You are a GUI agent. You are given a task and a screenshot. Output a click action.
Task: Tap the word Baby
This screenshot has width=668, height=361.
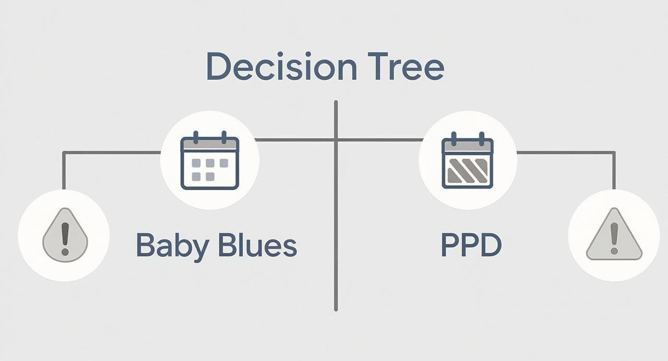[x=172, y=245]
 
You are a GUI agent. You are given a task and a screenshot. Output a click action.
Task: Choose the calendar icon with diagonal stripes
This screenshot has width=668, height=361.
[x=467, y=161]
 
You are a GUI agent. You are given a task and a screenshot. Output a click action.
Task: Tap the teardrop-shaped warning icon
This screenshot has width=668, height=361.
[x=65, y=235]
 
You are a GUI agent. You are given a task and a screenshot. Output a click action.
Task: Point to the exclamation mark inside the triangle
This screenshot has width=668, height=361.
[x=614, y=237]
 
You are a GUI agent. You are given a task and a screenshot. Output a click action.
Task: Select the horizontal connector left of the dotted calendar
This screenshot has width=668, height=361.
[x=113, y=153]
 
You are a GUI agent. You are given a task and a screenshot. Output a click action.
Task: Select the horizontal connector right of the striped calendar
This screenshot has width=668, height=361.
[x=566, y=153]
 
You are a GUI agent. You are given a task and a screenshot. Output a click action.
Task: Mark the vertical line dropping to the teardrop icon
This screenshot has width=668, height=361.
[x=63, y=170]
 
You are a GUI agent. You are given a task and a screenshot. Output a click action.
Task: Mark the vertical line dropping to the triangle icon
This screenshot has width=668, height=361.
[x=614, y=170]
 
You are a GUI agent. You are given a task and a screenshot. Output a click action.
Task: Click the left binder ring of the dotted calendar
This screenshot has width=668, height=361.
[x=195, y=136]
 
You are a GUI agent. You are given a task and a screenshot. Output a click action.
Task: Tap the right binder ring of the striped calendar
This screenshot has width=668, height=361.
[x=481, y=136]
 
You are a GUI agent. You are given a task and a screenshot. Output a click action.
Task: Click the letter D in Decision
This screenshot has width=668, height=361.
[x=216, y=67]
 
